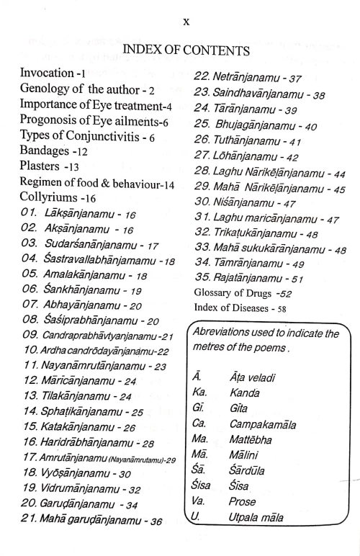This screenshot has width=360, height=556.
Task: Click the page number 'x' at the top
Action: pos(186,22)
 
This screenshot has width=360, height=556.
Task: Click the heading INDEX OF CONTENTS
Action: pos(186,50)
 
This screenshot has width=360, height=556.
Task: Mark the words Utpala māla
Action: pos(256,517)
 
